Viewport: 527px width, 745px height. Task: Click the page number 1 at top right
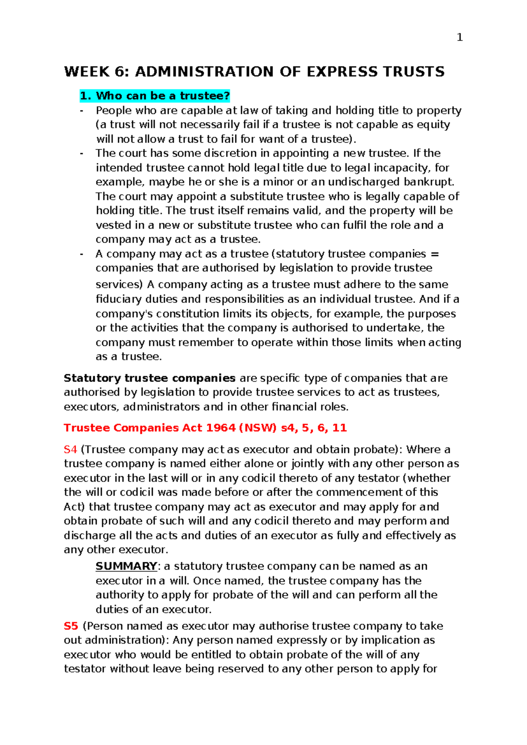460,38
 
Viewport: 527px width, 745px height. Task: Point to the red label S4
70,449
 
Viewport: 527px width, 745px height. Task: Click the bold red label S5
71,626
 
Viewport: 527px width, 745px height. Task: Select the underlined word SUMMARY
126,566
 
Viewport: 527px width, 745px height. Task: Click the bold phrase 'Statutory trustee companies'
150,378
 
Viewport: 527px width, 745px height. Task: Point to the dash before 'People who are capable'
81,110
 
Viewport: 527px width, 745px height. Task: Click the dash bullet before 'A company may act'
81,254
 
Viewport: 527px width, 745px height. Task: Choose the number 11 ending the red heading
339,428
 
